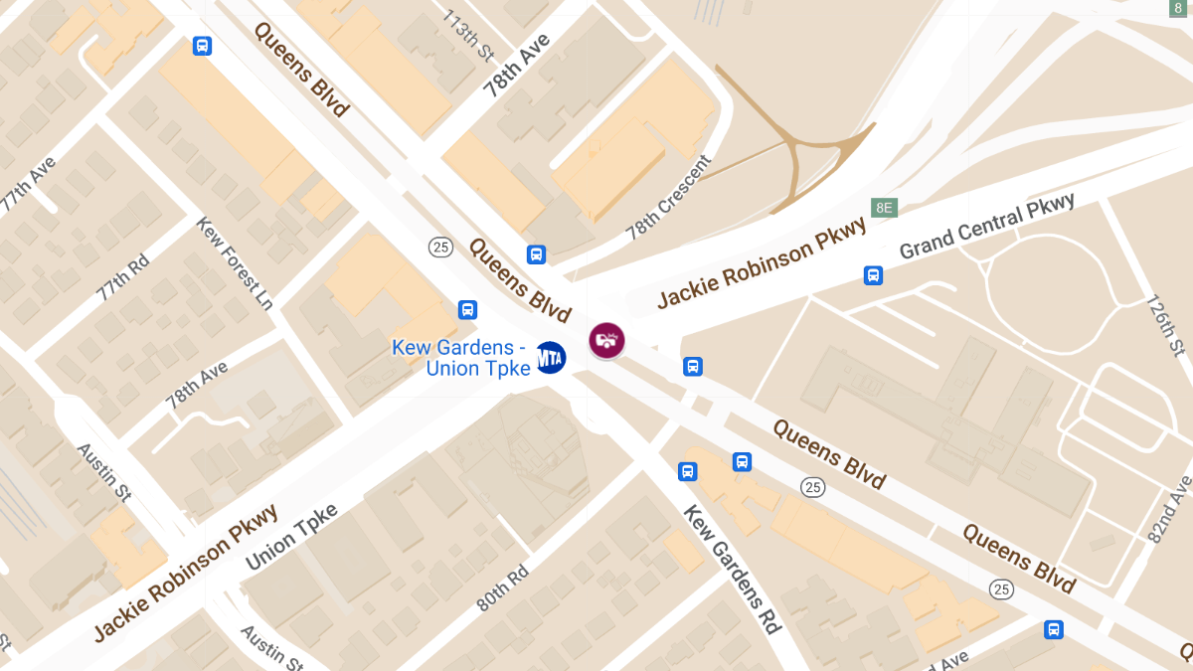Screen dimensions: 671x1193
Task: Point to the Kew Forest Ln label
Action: (x=235, y=262)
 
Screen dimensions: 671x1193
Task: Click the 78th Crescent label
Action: (x=669, y=198)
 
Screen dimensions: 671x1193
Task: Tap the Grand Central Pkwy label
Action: (x=986, y=227)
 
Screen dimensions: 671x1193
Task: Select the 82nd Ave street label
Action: (x=1169, y=508)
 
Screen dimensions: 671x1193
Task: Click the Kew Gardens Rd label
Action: (x=732, y=570)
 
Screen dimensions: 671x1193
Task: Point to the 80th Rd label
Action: (x=504, y=588)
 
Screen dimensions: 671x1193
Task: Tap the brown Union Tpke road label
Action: (x=291, y=537)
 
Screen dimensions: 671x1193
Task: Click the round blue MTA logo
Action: (x=550, y=357)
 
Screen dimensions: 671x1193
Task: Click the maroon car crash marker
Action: (x=606, y=341)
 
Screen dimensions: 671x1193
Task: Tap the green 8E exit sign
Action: (x=883, y=208)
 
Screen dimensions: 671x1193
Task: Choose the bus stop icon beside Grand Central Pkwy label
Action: (x=873, y=275)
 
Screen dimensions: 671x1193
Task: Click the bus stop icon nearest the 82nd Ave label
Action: (x=1054, y=629)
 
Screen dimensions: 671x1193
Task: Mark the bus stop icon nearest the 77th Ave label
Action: (x=202, y=46)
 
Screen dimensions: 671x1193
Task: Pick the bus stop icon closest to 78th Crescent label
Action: (x=537, y=253)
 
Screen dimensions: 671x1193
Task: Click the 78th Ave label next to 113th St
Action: (x=516, y=65)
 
